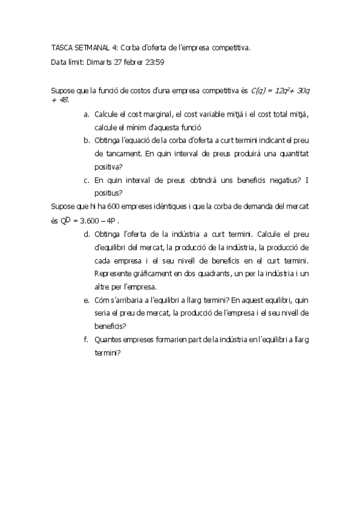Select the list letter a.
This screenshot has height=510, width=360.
tap(87, 114)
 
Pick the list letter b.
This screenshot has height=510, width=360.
tap(87, 140)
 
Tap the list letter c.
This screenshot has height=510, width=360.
tap(87, 180)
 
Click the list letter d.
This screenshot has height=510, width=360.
tap(87, 233)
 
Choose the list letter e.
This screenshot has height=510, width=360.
tap(87, 300)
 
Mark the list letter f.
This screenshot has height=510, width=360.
tap(87, 339)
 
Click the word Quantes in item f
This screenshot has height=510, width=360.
tap(109, 339)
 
